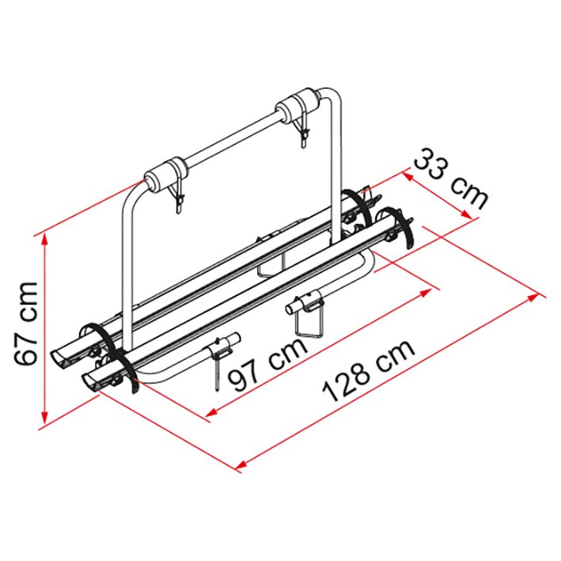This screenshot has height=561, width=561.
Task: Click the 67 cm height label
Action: tap(28, 322)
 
